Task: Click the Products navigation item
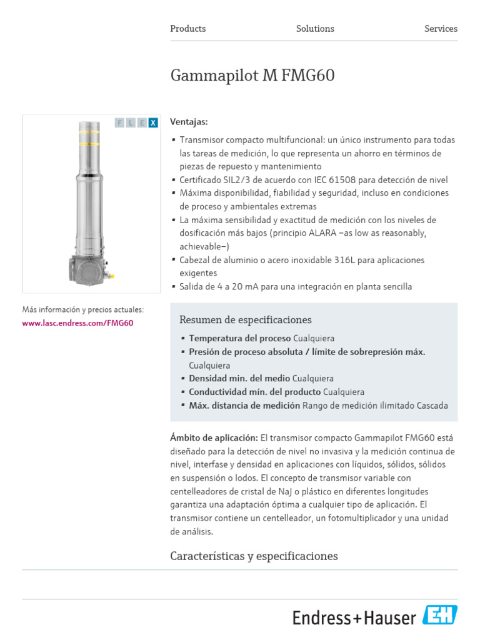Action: (x=187, y=29)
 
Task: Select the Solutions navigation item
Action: (x=315, y=29)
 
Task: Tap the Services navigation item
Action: (x=441, y=29)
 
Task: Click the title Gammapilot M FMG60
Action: (x=252, y=76)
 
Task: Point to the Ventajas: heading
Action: (x=189, y=122)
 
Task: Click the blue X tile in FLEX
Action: (x=153, y=123)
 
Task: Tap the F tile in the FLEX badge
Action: (x=119, y=123)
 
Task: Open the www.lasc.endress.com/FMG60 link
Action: (x=77, y=323)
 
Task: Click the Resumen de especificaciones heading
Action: (x=245, y=320)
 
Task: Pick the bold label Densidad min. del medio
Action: (x=239, y=378)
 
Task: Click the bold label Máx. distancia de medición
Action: (x=244, y=406)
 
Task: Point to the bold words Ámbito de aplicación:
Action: (x=214, y=437)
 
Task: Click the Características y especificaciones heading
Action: (x=254, y=556)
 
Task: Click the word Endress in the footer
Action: (x=322, y=618)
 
